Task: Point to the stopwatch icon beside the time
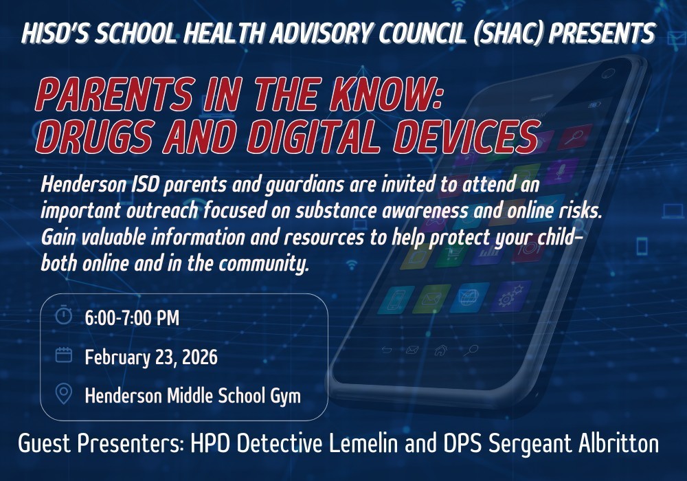tap(64, 316)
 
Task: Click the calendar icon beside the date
tap(64, 355)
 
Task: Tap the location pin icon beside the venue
tap(64, 394)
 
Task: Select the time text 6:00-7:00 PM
tap(132, 318)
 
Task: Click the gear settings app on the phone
tap(510, 297)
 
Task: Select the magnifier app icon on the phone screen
tap(572, 137)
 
